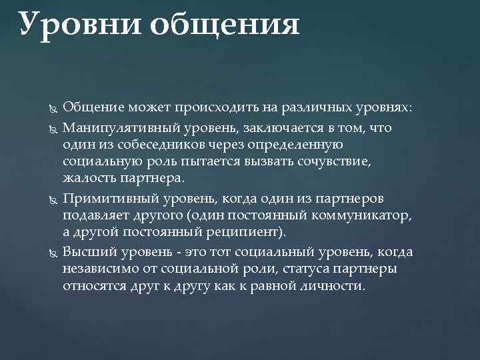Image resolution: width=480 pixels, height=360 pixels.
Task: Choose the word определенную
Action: (290, 144)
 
